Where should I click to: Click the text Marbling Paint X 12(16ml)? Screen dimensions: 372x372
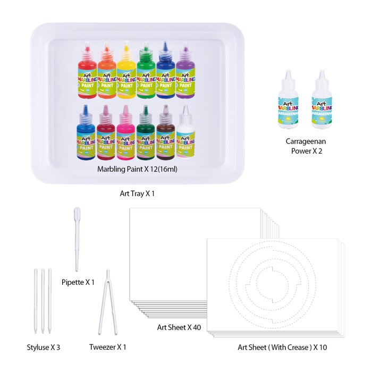click(x=137, y=169)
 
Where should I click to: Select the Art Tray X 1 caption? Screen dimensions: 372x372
click(x=137, y=193)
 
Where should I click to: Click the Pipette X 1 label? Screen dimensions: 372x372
click(x=78, y=282)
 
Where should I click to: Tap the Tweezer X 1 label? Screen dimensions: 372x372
click(x=108, y=348)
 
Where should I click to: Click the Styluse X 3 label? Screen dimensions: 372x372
click(x=44, y=348)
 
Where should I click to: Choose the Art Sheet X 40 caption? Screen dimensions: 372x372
click(x=179, y=327)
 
